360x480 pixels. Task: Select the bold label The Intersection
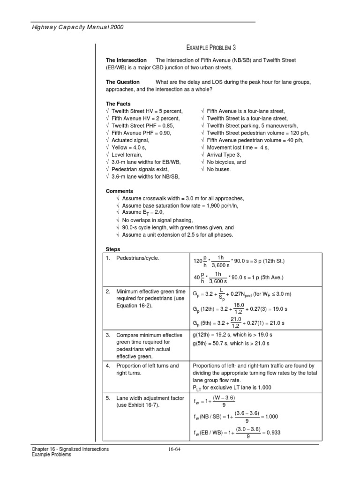pyautogui.click(x=126, y=60)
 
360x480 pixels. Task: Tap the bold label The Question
pyautogui.click(x=123, y=82)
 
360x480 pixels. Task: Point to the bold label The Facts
pyautogui.click(x=118, y=104)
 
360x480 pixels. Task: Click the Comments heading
pyautogui.click(x=120, y=191)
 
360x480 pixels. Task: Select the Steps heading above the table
pyautogui.click(x=113, y=249)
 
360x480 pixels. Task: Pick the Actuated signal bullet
pyautogui.click(x=130, y=140)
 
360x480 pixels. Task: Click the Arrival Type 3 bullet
pyautogui.click(x=223, y=155)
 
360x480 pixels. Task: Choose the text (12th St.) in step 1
pyautogui.click(x=270, y=261)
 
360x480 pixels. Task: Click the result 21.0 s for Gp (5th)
pyautogui.click(x=275, y=323)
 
